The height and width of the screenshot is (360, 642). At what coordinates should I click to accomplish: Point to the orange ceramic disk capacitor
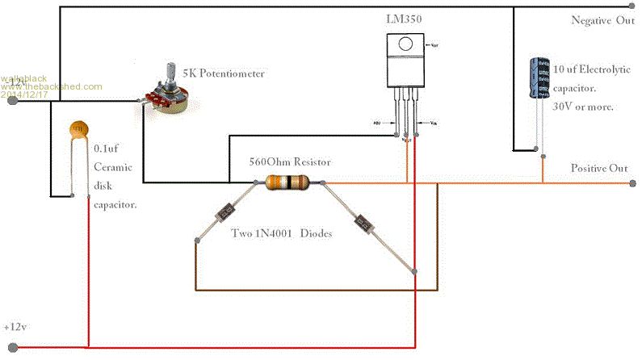coord(78,129)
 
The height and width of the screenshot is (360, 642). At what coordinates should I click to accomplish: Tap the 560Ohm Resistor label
coord(291,162)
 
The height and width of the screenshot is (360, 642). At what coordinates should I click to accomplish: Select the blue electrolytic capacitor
coord(538,77)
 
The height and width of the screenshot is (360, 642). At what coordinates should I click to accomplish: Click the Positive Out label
coord(598,168)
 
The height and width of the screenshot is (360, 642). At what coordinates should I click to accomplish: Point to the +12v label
coord(17,329)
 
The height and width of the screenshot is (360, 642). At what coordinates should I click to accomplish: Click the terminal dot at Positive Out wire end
coord(632,184)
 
